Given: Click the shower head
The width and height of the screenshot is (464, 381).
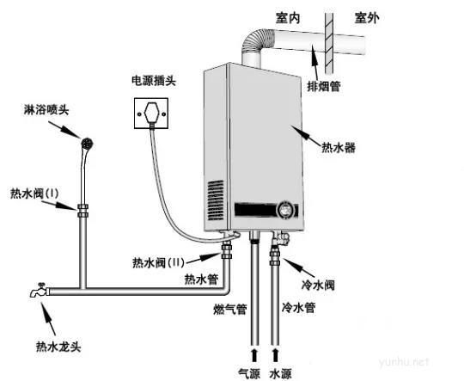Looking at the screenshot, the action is [88, 144].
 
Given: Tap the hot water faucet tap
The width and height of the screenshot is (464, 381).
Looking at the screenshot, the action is [39, 290].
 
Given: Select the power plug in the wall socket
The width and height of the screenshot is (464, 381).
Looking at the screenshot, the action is [152, 114].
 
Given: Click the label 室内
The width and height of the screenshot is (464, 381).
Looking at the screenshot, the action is [288, 18].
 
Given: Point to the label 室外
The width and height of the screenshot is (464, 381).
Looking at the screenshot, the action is [367, 18].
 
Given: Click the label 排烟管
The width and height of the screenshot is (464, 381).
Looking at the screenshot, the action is [324, 86].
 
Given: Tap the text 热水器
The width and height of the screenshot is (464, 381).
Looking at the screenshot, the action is [339, 147].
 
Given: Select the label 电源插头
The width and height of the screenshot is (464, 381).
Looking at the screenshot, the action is [154, 81].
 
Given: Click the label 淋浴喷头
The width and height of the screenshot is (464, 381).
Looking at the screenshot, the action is [46, 110].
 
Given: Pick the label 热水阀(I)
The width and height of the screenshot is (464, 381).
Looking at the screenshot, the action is [34, 194].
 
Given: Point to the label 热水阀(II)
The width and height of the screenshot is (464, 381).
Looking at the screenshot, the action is [158, 262].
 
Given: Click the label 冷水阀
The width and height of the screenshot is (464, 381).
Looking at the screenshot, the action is [318, 285].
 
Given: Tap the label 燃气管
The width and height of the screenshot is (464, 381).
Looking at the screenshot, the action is [230, 310].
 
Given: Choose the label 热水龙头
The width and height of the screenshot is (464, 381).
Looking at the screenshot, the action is [58, 347].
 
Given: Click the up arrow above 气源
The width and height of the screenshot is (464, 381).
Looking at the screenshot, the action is [253, 355].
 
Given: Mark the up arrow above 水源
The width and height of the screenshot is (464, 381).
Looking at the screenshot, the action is [275, 355].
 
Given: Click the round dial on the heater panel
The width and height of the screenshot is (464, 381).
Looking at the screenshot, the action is [285, 210].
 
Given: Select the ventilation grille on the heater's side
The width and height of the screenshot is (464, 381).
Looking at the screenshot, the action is [216, 200].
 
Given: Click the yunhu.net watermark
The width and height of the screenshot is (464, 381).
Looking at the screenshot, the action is [404, 361].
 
